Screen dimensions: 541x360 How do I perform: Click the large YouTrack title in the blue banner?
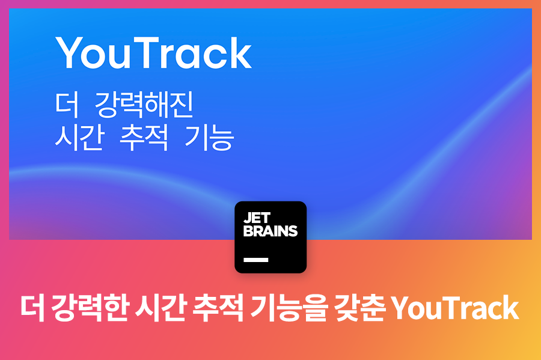[153, 53]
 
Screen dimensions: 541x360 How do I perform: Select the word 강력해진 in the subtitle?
[144, 105]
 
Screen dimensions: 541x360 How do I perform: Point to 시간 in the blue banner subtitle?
[79, 138]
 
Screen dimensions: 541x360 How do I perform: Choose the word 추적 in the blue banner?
[144, 138]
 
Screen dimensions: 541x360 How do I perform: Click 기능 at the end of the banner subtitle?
[209, 138]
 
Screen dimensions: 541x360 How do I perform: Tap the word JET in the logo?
[257, 218]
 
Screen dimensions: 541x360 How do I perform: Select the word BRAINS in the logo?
[270, 231]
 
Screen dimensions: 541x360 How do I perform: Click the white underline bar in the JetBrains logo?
[255, 260]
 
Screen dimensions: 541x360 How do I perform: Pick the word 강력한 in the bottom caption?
[90, 308]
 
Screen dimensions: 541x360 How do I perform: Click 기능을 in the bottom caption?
[288, 308]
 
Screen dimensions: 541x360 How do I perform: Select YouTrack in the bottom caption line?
[455, 308]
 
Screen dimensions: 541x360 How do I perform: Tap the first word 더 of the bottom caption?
[32, 308]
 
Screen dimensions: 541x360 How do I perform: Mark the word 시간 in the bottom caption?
[160, 308]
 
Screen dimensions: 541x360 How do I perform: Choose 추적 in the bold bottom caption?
[218, 308]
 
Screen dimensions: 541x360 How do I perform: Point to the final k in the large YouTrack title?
[240, 53]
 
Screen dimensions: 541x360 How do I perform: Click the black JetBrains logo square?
[270, 237]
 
